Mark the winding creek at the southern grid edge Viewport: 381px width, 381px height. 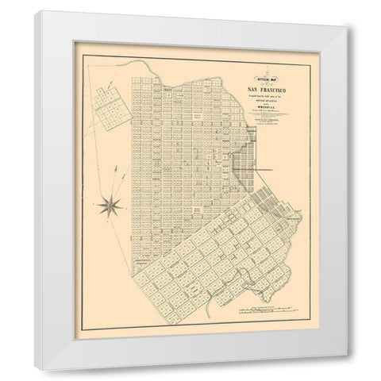208,302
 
